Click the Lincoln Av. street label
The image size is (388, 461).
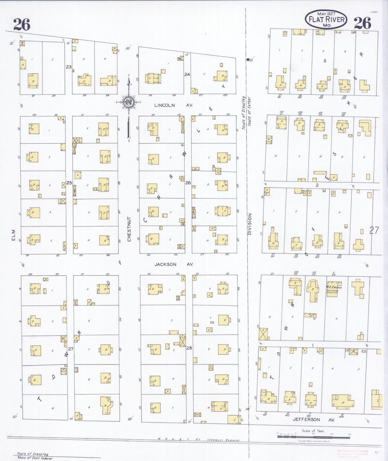[x=173, y=105]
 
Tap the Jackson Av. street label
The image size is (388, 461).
[x=173, y=264]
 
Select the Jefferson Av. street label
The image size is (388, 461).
[x=313, y=420]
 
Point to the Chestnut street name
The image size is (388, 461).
[x=129, y=229]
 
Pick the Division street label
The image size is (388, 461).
[x=250, y=224]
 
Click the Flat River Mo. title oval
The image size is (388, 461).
[x=326, y=19]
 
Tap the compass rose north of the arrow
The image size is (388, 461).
[x=129, y=102]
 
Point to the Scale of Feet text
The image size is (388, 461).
[x=313, y=431]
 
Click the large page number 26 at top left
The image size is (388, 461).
[x=22, y=24]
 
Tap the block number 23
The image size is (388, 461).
[x=69, y=67]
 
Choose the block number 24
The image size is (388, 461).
[x=187, y=74]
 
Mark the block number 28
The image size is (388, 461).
[x=189, y=348]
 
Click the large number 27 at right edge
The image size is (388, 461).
[x=374, y=230]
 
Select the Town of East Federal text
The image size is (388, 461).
[x=35, y=458]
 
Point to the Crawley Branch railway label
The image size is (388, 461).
[x=223, y=440]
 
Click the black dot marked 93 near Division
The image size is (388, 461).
[x=248, y=60]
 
